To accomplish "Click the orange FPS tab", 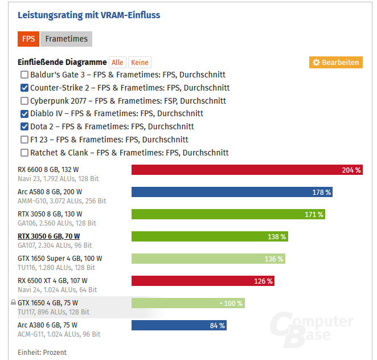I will (28, 39).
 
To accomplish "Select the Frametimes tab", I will (67, 39).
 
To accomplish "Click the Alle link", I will (117, 63).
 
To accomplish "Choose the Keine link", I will (140, 63).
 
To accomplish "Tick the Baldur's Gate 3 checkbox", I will (24, 75).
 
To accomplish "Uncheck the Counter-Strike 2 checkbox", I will (24, 88).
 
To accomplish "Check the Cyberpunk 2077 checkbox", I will (24, 101).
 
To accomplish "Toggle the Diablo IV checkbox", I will (24, 113).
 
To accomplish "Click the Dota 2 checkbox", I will (24, 126).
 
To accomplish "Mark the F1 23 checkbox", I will (24, 140).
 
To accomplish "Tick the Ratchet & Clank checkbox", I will (24, 153).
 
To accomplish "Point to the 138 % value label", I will (277, 236).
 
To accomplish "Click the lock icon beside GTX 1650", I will (13, 303).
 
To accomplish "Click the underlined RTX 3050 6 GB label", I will (48, 236).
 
